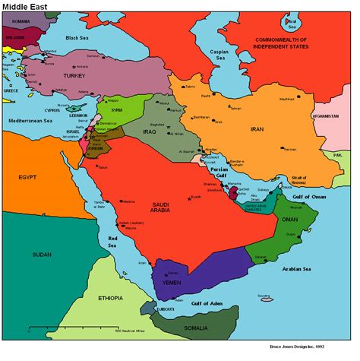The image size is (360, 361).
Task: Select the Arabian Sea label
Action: point(295,268)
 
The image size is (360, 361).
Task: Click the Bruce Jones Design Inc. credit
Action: point(313,355)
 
